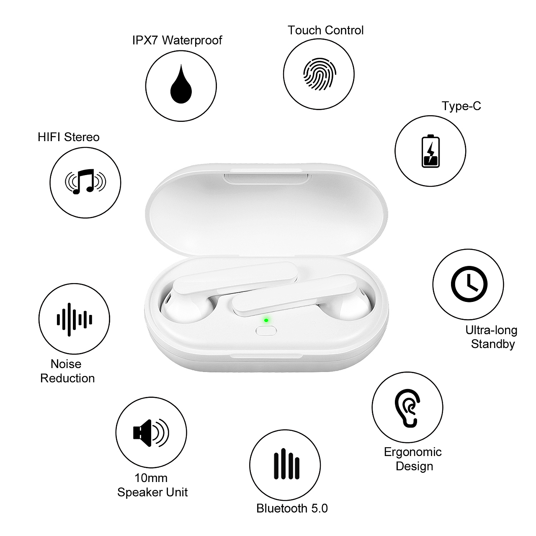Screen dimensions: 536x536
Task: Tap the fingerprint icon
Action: (319, 74)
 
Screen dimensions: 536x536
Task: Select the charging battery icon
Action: (430, 151)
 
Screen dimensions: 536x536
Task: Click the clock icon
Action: (469, 284)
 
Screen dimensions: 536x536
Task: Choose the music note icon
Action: (85, 182)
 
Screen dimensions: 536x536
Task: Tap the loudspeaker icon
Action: (151, 433)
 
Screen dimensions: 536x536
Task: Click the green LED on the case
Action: (266, 320)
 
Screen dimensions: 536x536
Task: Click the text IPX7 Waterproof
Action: (177, 40)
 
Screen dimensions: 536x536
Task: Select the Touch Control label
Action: (326, 30)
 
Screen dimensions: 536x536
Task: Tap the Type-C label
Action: (461, 106)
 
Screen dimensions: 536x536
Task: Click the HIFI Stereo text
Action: (68, 137)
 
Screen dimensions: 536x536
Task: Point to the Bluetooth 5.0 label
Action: (292, 508)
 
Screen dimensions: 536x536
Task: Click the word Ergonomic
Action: (413, 452)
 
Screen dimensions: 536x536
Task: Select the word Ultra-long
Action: (491, 330)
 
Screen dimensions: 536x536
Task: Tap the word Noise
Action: (66, 364)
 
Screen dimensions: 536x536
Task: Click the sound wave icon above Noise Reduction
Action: (74, 320)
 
